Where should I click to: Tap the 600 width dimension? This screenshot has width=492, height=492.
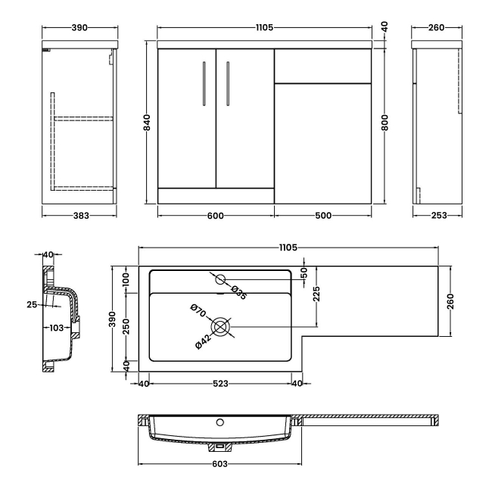(215, 216)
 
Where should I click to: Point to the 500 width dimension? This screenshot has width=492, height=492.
(323, 216)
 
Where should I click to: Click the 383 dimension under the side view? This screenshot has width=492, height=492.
(81, 216)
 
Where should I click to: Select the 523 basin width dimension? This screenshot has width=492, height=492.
(220, 383)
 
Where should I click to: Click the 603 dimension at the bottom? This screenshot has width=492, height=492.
(220, 464)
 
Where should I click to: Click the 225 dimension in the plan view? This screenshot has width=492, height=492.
(317, 293)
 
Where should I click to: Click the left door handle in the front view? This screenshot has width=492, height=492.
(204, 81)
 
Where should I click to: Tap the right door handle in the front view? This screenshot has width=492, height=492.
(226, 81)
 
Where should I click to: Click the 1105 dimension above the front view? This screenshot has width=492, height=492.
(266, 27)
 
